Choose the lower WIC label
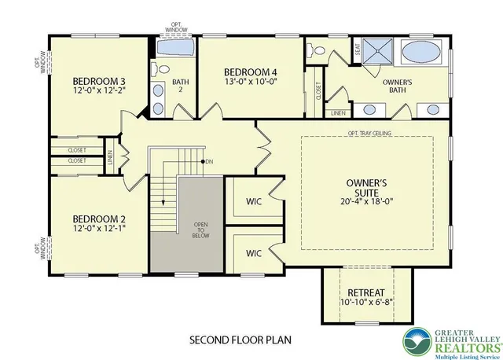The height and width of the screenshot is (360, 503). point(253,253)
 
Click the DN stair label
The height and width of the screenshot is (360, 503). point(209,162)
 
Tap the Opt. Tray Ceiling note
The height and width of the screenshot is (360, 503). point(369,133)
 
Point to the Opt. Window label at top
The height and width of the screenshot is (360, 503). point(176,28)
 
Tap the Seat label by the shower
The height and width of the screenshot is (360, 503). point(358,49)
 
